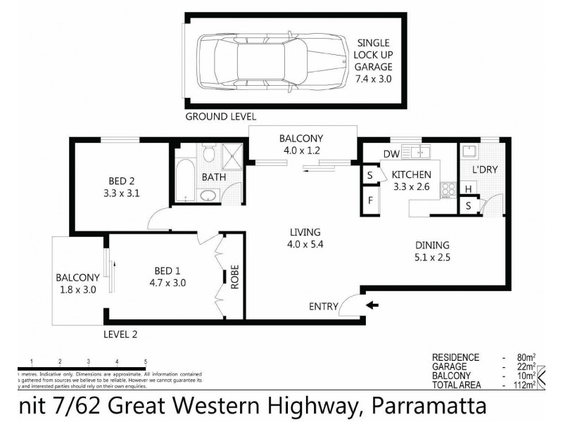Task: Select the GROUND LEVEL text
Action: coord(220,117)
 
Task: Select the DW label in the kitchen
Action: coord(392,155)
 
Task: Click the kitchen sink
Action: coord(423,152)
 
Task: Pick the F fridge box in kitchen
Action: coord(369,200)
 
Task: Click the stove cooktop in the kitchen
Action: coord(448,188)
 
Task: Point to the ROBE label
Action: coord(235,279)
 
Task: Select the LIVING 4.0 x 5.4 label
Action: coord(303,238)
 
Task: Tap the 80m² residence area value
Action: coord(520,357)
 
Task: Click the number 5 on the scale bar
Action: coord(145,361)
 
